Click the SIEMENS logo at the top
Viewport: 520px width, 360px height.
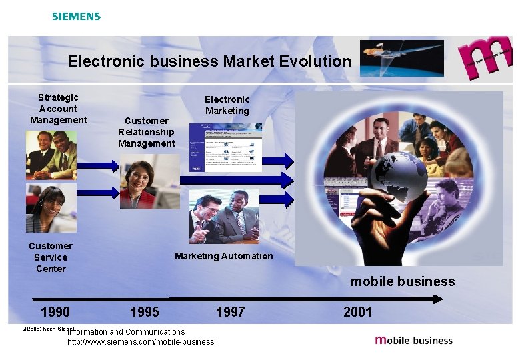[76, 16]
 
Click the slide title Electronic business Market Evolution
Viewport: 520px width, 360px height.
[209, 61]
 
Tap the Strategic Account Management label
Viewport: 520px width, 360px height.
[58, 109]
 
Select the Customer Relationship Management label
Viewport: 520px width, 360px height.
[147, 132]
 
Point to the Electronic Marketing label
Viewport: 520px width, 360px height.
[227, 105]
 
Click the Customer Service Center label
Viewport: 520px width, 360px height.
[51, 257]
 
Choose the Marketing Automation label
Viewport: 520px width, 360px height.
[224, 256]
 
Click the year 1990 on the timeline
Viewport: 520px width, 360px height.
[55, 312]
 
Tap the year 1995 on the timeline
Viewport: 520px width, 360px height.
[145, 312]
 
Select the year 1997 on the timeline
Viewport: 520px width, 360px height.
[231, 312]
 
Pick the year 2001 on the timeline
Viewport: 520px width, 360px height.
[358, 312]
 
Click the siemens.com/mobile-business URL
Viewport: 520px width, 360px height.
[141, 342]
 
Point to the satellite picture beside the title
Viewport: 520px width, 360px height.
[401, 57]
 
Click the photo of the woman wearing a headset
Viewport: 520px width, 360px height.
[47, 207]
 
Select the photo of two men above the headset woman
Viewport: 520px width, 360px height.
[51, 155]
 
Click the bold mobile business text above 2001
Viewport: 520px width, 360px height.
[403, 281]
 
